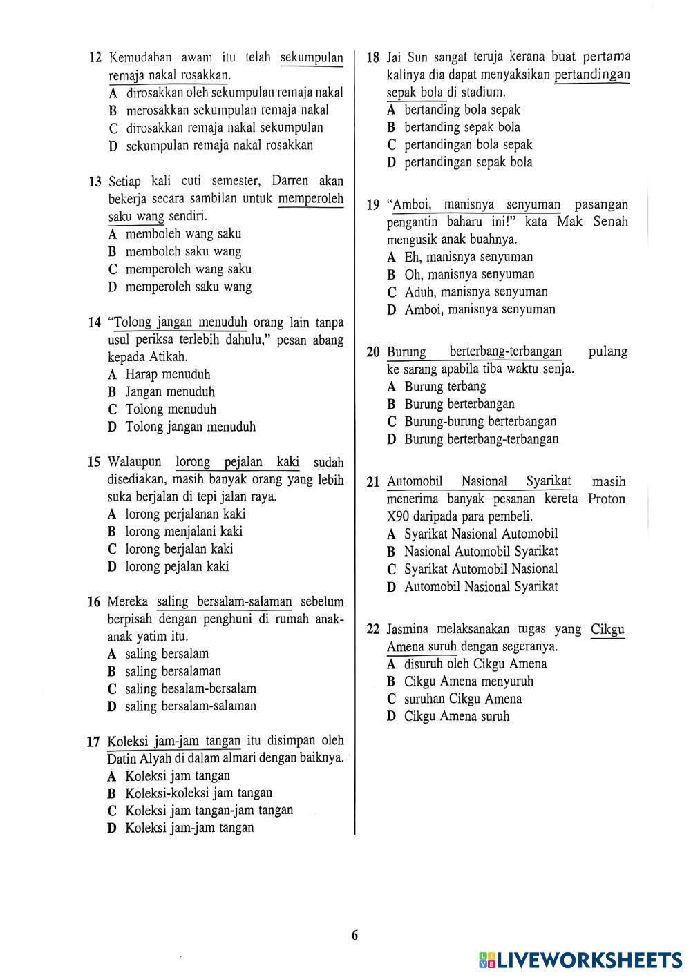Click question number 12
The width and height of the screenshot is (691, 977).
point(95,58)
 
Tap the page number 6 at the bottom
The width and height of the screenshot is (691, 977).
point(354,936)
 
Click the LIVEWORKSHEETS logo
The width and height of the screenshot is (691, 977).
point(580,960)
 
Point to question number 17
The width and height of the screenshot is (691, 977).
point(94,742)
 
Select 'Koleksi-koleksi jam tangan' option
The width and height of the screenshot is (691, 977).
point(198,793)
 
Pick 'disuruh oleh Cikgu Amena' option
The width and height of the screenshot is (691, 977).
point(475,664)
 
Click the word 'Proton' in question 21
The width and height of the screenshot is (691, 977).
point(606,499)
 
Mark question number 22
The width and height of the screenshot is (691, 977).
point(373,630)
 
